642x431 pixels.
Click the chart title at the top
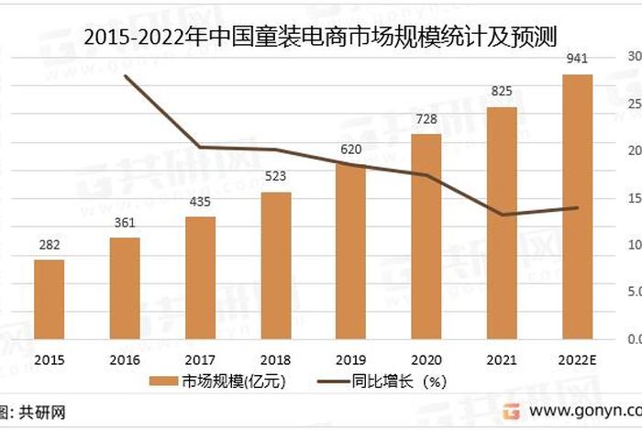coord(321,36)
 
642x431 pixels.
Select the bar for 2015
coord(50,299)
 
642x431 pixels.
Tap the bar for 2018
coord(276,265)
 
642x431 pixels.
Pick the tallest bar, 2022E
coord(577,206)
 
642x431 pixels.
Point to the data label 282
coord(50,247)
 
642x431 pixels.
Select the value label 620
coord(351,149)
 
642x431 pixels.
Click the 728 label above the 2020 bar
coord(426,120)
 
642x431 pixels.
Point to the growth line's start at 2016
coord(125,76)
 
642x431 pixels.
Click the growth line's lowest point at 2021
coord(502,215)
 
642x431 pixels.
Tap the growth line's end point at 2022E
coord(577,207)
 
